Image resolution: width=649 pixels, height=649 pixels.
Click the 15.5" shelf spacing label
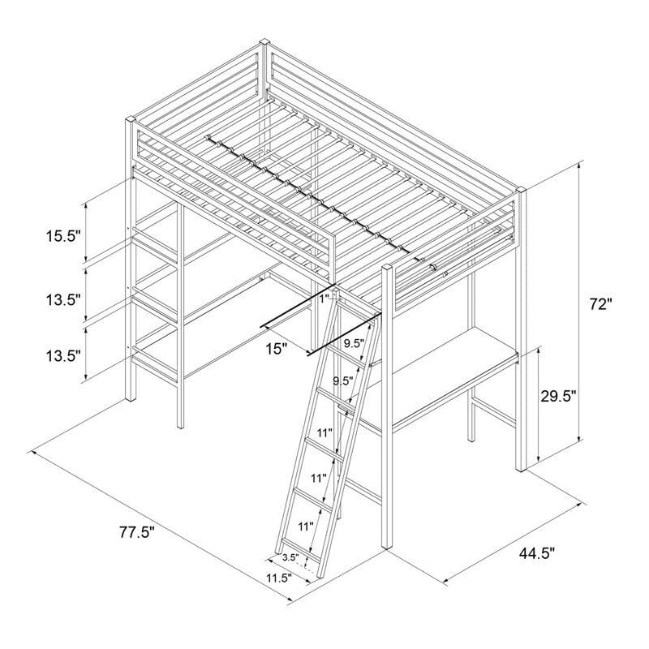pyautogui.click(x=62, y=236)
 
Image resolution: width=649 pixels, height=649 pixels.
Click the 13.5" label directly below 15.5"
pyautogui.click(x=62, y=299)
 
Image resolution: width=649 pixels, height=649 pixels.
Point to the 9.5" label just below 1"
pyautogui.click(x=352, y=343)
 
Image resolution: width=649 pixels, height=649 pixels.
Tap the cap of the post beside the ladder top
pyautogui.click(x=388, y=266)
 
